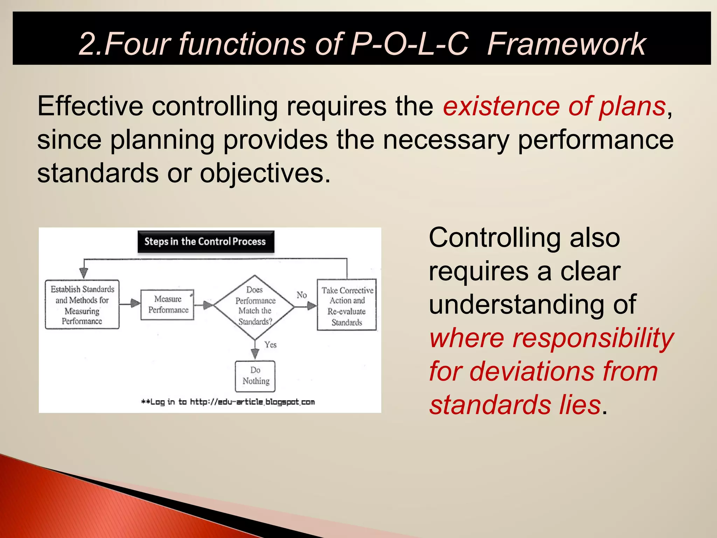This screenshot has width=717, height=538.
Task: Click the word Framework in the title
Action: point(566,44)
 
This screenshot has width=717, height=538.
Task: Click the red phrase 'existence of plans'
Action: point(554,106)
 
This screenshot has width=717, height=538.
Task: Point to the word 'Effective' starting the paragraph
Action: point(90,106)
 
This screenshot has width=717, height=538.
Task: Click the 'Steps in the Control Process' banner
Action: point(206,242)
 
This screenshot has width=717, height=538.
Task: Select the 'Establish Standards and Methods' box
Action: point(82,304)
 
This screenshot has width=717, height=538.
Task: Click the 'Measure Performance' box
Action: point(167,304)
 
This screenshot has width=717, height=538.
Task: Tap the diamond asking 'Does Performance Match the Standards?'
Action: point(255,306)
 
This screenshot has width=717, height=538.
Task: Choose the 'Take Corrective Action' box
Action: point(347,305)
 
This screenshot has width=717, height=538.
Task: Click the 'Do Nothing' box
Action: point(255,376)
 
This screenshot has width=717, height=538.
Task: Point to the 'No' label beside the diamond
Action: point(301,295)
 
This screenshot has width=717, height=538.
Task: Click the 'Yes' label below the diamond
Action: point(270,345)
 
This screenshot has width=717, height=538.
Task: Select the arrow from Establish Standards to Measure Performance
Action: point(130,303)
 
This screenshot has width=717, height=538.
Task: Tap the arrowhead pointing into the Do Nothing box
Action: point(255,354)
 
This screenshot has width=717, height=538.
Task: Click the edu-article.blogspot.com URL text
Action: point(252,402)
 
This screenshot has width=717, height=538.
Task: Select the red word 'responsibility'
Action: point(593,338)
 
